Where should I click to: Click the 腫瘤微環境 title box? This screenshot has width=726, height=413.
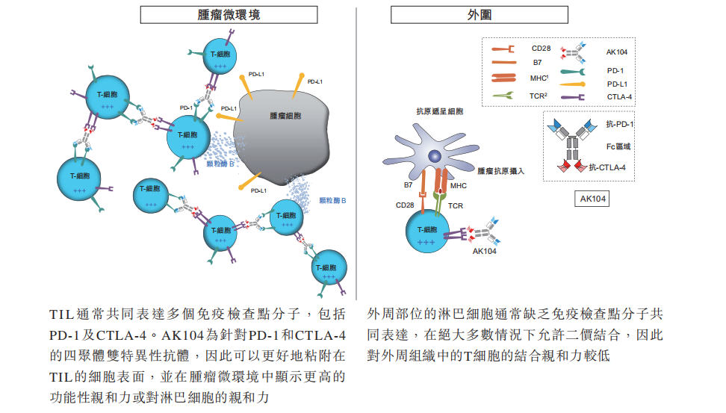tap(229, 15)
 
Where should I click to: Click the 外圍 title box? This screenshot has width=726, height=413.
tap(480, 15)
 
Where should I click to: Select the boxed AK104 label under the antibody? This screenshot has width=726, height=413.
tap(592, 199)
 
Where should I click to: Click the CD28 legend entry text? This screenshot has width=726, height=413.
tap(541, 48)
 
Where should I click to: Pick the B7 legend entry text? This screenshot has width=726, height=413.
tap(537, 63)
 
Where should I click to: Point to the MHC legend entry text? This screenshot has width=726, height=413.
tap(539, 78)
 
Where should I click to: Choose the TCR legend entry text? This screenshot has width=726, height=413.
tap(538, 96)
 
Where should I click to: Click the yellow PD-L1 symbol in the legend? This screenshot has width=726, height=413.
tap(572, 84)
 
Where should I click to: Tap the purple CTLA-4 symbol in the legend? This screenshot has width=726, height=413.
tap(572, 97)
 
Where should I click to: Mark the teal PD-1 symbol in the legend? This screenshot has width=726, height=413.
tap(573, 71)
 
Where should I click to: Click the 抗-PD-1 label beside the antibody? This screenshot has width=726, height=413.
tap(619, 124)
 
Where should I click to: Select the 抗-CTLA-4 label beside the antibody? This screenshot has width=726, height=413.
tap(607, 167)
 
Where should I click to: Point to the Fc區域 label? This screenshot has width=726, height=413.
tap(618, 146)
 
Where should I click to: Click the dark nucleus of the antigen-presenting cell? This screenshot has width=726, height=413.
tap(434, 156)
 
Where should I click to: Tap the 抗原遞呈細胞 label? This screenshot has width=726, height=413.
tap(439, 111)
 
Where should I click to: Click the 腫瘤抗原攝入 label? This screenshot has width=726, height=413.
tap(500, 171)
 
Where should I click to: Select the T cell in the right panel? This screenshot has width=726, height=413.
tap(427, 232)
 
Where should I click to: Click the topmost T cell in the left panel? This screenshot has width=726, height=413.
tap(220, 56)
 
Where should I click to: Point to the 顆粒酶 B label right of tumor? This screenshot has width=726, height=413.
tap(332, 200)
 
